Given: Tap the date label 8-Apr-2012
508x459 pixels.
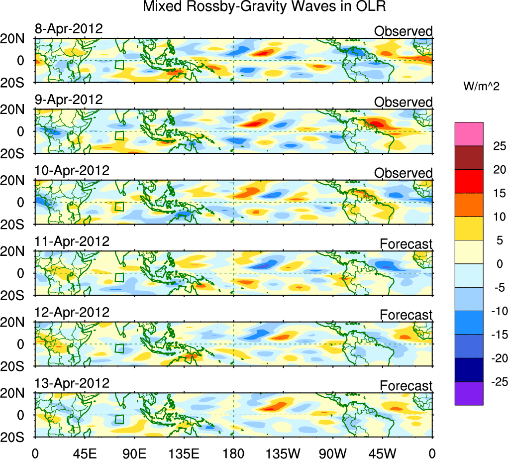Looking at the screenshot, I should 69,29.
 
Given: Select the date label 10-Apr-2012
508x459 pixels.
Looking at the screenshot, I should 72,170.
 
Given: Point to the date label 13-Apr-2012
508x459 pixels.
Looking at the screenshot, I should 72,383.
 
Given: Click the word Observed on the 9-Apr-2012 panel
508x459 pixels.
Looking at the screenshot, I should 403,102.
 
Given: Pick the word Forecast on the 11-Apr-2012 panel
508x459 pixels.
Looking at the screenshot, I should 406,244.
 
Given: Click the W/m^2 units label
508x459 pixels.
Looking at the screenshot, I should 481,87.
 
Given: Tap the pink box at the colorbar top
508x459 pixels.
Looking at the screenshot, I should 469,133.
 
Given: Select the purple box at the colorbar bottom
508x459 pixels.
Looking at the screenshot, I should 469,393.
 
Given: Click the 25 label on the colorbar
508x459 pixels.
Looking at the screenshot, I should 495,146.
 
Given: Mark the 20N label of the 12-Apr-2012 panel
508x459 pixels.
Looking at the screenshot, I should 16,322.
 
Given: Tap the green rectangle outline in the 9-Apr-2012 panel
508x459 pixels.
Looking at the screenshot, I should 119,135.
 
